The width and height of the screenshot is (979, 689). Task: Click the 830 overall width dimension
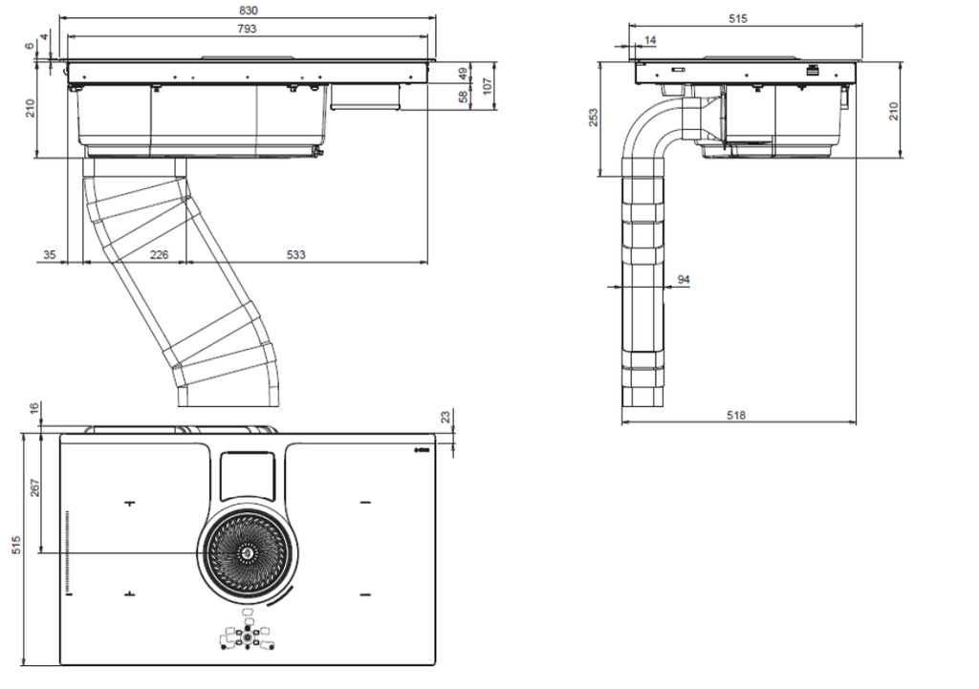point(248,11)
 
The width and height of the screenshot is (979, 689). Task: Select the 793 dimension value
point(247,29)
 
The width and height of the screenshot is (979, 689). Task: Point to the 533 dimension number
point(296,254)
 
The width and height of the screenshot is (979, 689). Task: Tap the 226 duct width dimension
point(160,254)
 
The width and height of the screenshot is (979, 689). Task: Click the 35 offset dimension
point(50,254)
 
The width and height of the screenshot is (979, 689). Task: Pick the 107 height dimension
point(488,85)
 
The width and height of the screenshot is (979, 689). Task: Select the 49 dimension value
point(464,73)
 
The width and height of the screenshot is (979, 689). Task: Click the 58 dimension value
point(464,97)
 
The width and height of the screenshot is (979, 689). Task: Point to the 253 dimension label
point(593,118)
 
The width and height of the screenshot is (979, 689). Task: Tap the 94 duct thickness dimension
point(684,280)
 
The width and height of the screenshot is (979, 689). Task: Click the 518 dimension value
point(736,415)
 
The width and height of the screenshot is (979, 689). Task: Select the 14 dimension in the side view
point(650,40)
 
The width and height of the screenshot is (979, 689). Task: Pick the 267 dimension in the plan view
point(35,488)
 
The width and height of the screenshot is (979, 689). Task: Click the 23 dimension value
point(446,417)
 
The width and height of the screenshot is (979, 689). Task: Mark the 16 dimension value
point(35,408)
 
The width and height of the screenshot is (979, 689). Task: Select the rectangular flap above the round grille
point(248,476)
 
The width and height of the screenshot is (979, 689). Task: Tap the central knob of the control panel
point(248,637)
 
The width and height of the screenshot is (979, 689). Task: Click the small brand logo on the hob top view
point(423,450)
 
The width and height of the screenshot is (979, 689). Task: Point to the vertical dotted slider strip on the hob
point(67,552)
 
